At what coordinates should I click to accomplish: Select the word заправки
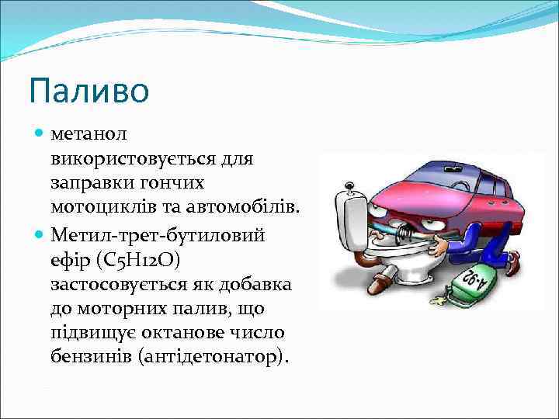87,183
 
